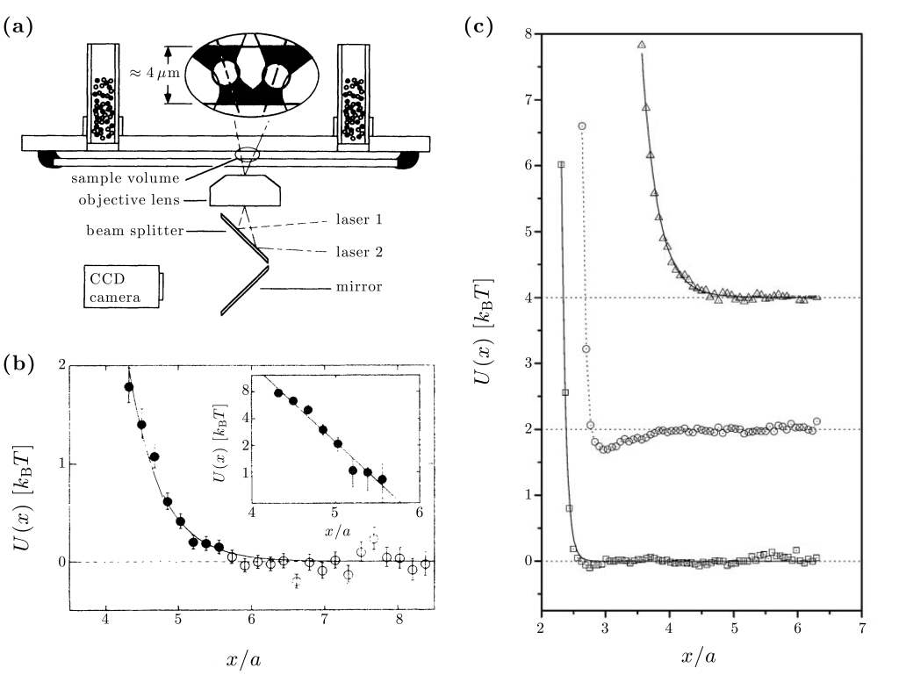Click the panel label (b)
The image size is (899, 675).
point(18,363)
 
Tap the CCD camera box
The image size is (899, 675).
point(122,284)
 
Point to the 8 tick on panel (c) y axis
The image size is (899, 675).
point(528,34)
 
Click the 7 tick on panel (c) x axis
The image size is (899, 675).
point(862,628)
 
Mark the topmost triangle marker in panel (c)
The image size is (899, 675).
point(642,44)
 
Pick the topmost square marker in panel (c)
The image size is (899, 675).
point(561,164)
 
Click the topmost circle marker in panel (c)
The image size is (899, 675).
point(581,126)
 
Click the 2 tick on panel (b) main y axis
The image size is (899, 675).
point(61,365)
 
